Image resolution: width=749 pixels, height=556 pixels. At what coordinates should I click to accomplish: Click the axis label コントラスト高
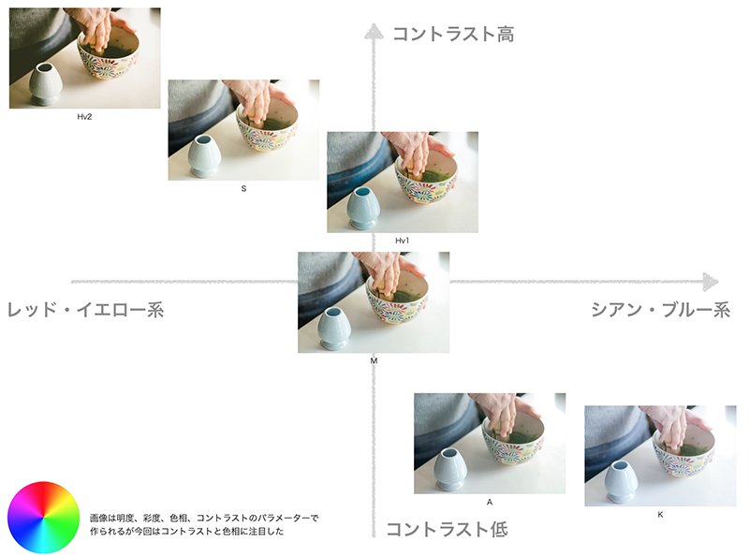click(x=453, y=35)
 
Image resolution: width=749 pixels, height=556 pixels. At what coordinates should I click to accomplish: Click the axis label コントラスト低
click(x=447, y=529)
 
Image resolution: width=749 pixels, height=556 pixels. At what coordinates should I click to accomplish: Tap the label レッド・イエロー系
click(x=85, y=310)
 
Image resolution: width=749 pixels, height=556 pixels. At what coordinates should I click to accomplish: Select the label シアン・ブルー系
click(x=661, y=310)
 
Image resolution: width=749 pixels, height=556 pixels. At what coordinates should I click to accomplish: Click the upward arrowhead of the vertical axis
click(x=374, y=31)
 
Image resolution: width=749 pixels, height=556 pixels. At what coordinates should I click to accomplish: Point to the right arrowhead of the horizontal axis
click(x=711, y=282)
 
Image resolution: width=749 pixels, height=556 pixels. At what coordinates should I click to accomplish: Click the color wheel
click(x=43, y=518)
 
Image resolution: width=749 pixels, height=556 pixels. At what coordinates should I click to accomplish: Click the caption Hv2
click(x=84, y=117)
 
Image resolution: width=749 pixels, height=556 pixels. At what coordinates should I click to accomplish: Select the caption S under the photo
click(x=243, y=189)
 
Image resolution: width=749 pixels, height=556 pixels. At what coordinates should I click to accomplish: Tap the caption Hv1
click(x=403, y=241)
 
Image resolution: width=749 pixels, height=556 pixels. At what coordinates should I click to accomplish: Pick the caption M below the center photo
click(x=374, y=361)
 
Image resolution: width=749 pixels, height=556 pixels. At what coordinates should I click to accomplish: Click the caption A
click(x=490, y=502)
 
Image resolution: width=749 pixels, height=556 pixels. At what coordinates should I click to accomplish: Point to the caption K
click(x=660, y=515)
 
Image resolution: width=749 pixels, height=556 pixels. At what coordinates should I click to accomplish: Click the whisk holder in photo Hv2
click(x=46, y=84)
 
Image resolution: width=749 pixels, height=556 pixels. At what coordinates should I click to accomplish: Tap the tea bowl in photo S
click(x=268, y=124)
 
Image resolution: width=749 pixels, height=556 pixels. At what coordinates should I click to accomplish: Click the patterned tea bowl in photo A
click(x=513, y=438)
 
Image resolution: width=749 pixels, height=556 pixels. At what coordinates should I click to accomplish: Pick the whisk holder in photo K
click(x=622, y=481)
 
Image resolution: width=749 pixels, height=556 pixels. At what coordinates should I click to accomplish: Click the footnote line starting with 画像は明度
click(x=204, y=518)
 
